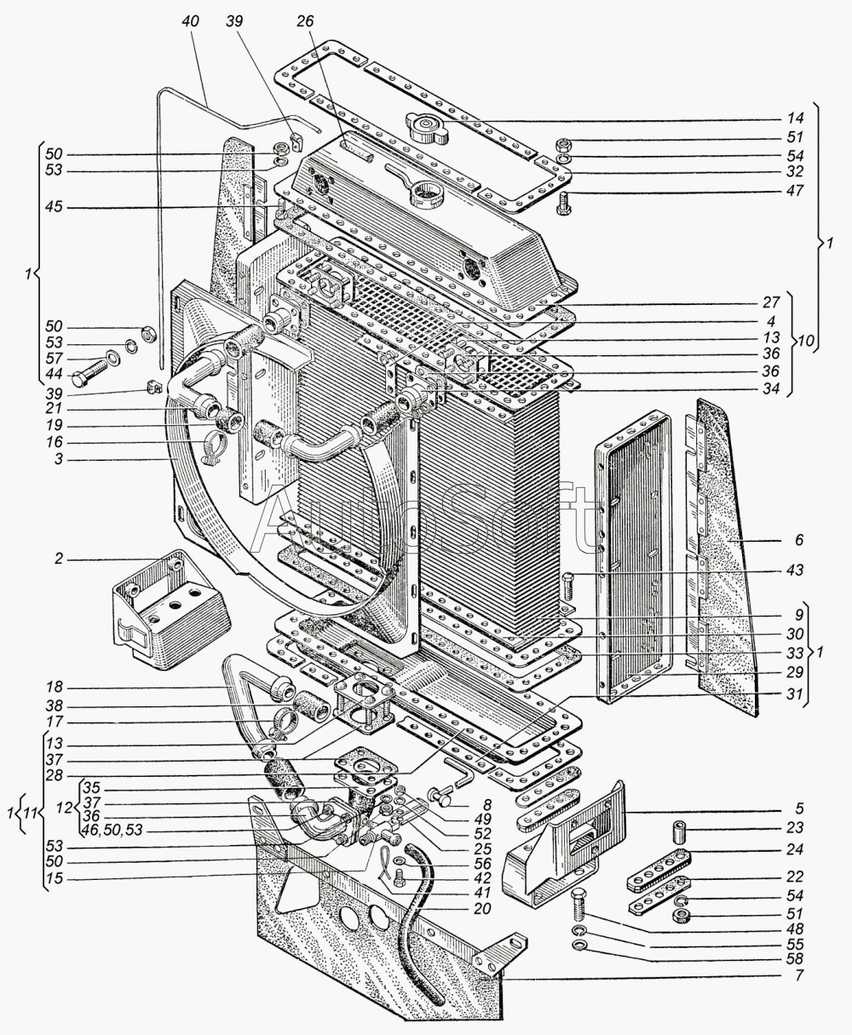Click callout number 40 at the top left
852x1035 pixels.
tap(189, 21)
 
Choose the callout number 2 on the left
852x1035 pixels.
tap(60, 561)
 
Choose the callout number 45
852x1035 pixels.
tap(60, 208)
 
